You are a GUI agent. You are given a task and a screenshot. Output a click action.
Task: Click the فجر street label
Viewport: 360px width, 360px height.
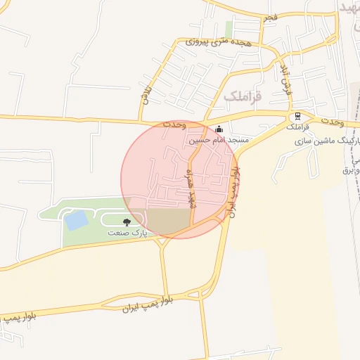coord(270,16)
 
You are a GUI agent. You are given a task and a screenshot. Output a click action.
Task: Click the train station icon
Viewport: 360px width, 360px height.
coord(297,116)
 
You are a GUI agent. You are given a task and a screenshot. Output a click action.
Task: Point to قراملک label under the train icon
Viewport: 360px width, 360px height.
coord(297,127)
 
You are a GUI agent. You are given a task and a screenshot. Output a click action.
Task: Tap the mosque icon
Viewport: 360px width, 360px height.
coord(219,129)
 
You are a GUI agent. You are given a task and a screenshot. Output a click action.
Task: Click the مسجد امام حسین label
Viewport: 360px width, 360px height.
coord(218,141)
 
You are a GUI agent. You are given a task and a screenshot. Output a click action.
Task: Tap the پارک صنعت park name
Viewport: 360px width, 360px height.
coord(124,231)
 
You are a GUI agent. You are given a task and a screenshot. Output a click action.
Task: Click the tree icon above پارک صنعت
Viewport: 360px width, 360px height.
coord(127,221)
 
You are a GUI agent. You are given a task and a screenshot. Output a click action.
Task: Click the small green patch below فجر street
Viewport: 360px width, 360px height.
coord(229,30)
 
